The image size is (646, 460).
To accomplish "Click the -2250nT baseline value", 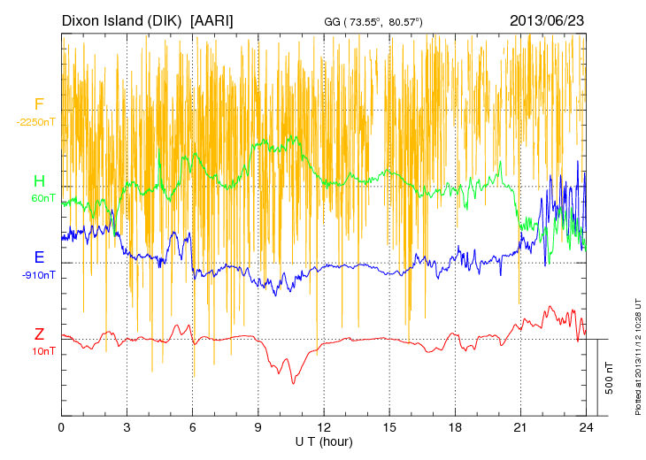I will (x=36, y=122).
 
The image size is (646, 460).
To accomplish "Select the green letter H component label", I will (x=39, y=182).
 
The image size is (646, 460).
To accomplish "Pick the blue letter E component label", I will (x=39, y=258).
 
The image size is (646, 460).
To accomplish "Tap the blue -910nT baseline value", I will (x=39, y=275).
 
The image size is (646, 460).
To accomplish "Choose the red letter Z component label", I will (x=39, y=334).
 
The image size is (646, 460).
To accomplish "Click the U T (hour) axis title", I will (x=324, y=441).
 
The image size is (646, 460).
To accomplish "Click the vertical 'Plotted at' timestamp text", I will (x=637, y=358).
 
